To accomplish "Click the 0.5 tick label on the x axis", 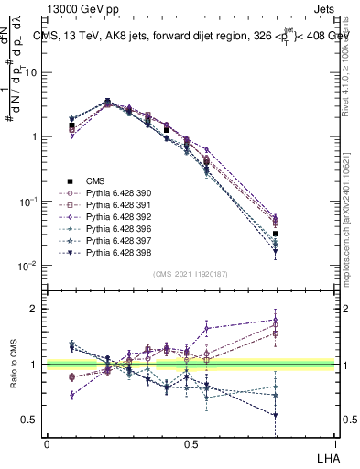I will click(x=191, y=443).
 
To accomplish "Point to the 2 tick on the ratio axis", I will click(x=36, y=310).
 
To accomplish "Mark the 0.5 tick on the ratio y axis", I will click(x=32, y=420).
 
